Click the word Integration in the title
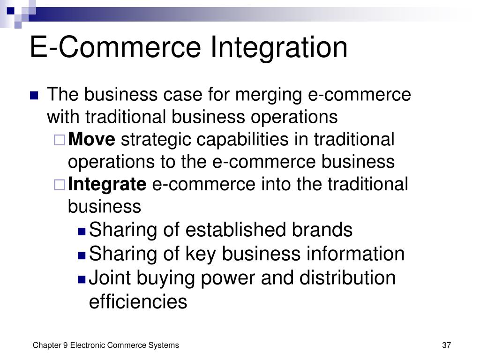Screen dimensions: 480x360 279,47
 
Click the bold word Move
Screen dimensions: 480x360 92,140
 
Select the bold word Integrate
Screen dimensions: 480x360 107,185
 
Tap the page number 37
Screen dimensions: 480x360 446,345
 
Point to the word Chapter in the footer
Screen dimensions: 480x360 47,345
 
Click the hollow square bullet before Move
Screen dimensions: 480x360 60,140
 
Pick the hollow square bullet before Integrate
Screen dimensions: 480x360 60,185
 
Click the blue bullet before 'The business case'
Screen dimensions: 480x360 34,96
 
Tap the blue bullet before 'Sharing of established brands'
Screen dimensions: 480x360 82,231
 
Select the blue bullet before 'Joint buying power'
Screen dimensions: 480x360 82,279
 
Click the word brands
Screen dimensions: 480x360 322,230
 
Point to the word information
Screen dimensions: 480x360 356,254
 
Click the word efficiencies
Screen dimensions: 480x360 138,301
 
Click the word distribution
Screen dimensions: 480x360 347,277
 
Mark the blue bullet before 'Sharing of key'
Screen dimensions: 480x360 82,255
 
